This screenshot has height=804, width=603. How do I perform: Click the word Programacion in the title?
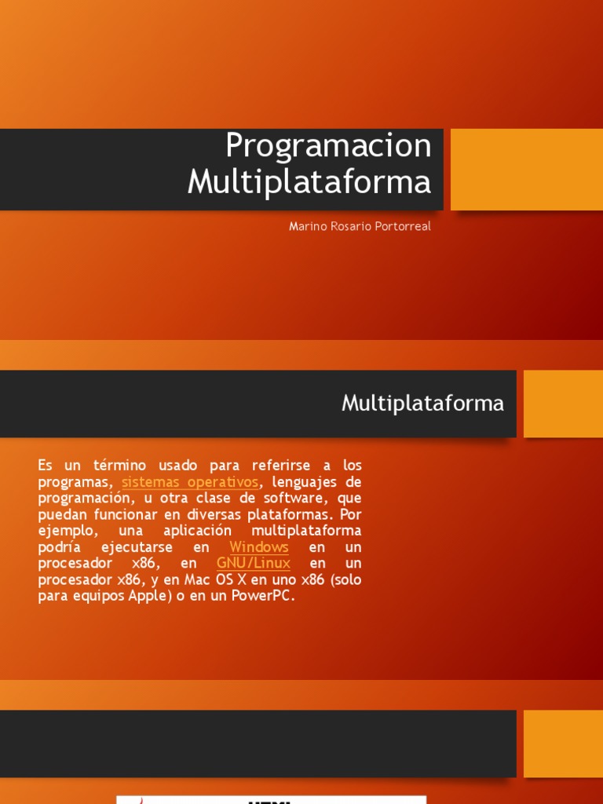pyautogui.click(x=328, y=146)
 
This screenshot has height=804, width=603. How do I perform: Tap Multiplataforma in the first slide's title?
pyautogui.click(x=309, y=181)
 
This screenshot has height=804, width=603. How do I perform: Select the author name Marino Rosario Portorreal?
pyautogui.click(x=360, y=227)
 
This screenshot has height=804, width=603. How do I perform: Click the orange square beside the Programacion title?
pyautogui.click(x=526, y=170)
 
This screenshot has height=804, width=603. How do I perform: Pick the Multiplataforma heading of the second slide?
pyautogui.click(x=422, y=404)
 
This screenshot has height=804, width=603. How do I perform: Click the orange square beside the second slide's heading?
pyautogui.click(x=562, y=404)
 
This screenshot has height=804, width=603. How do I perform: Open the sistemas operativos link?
pyautogui.click(x=189, y=481)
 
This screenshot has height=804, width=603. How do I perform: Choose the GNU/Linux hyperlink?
pyautogui.click(x=253, y=563)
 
